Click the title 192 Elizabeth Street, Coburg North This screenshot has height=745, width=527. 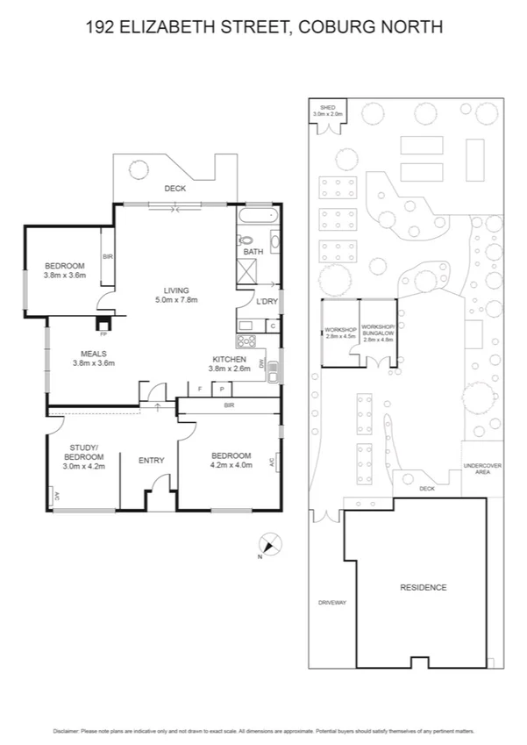coord(264,27)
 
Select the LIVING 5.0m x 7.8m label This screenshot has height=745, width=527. coord(177,296)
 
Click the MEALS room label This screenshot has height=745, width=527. coord(93,358)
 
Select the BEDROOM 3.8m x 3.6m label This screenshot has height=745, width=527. coord(64,270)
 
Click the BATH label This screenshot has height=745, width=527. coord(253,252)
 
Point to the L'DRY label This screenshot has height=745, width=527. coord(267,303)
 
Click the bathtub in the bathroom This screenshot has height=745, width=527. coord(257,215)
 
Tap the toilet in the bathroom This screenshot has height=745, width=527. coord(246,238)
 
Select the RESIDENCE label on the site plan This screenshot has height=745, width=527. coord(424,587)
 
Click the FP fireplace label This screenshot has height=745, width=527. coord(103,334)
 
